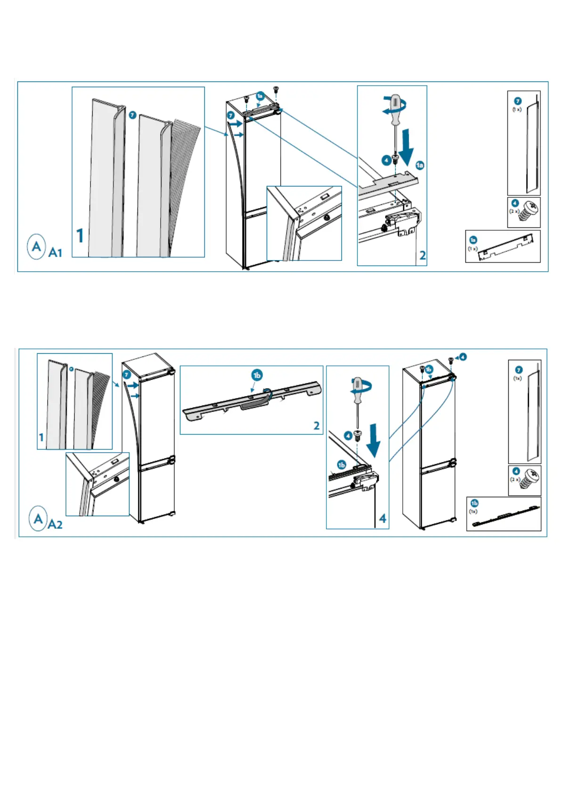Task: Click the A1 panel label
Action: point(55,253)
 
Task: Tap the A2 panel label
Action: point(55,524)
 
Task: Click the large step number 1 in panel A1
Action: point(80,235)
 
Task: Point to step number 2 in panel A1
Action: point(423,255)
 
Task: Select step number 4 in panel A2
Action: point(382,518)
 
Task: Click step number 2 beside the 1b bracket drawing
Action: point(317,426)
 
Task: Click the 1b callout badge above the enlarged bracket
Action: point(257,375)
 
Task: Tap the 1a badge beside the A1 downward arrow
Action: point(420,165)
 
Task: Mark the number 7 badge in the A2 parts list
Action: point(519,370)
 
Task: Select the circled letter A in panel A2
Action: point(38,518)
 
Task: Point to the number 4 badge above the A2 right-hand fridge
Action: point(463,357)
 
